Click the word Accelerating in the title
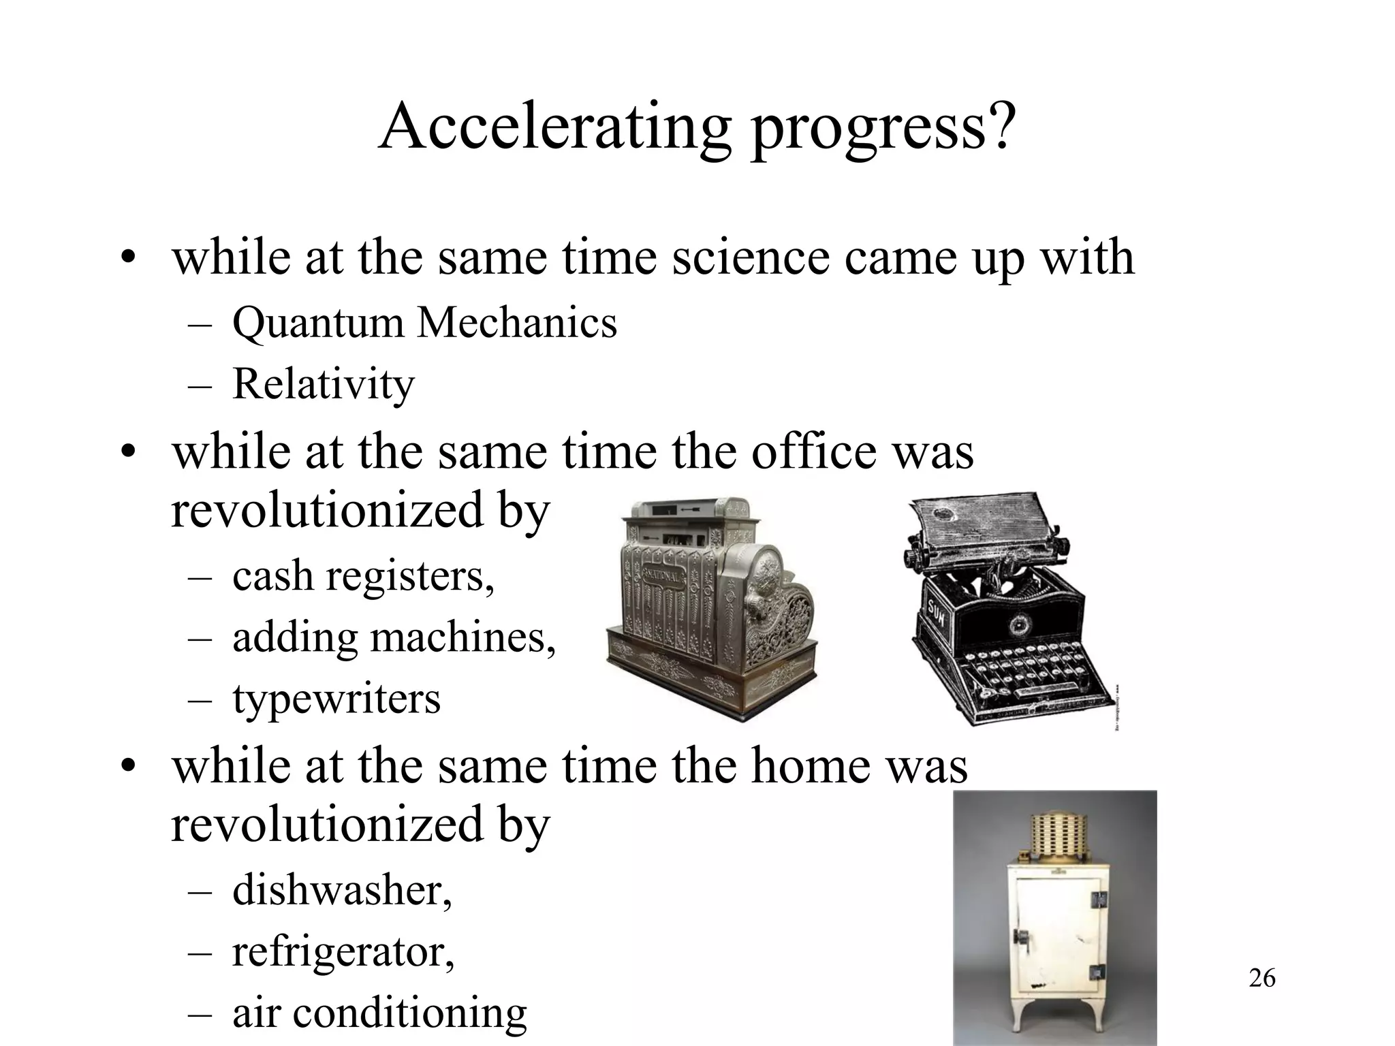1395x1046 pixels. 554,127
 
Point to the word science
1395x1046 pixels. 750,257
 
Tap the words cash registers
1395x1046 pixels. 363,576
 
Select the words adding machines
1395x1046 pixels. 394,638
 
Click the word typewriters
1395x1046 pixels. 336,699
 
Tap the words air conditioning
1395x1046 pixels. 379,1012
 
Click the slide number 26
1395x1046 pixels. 1262,978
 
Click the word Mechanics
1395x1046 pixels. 517,323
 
